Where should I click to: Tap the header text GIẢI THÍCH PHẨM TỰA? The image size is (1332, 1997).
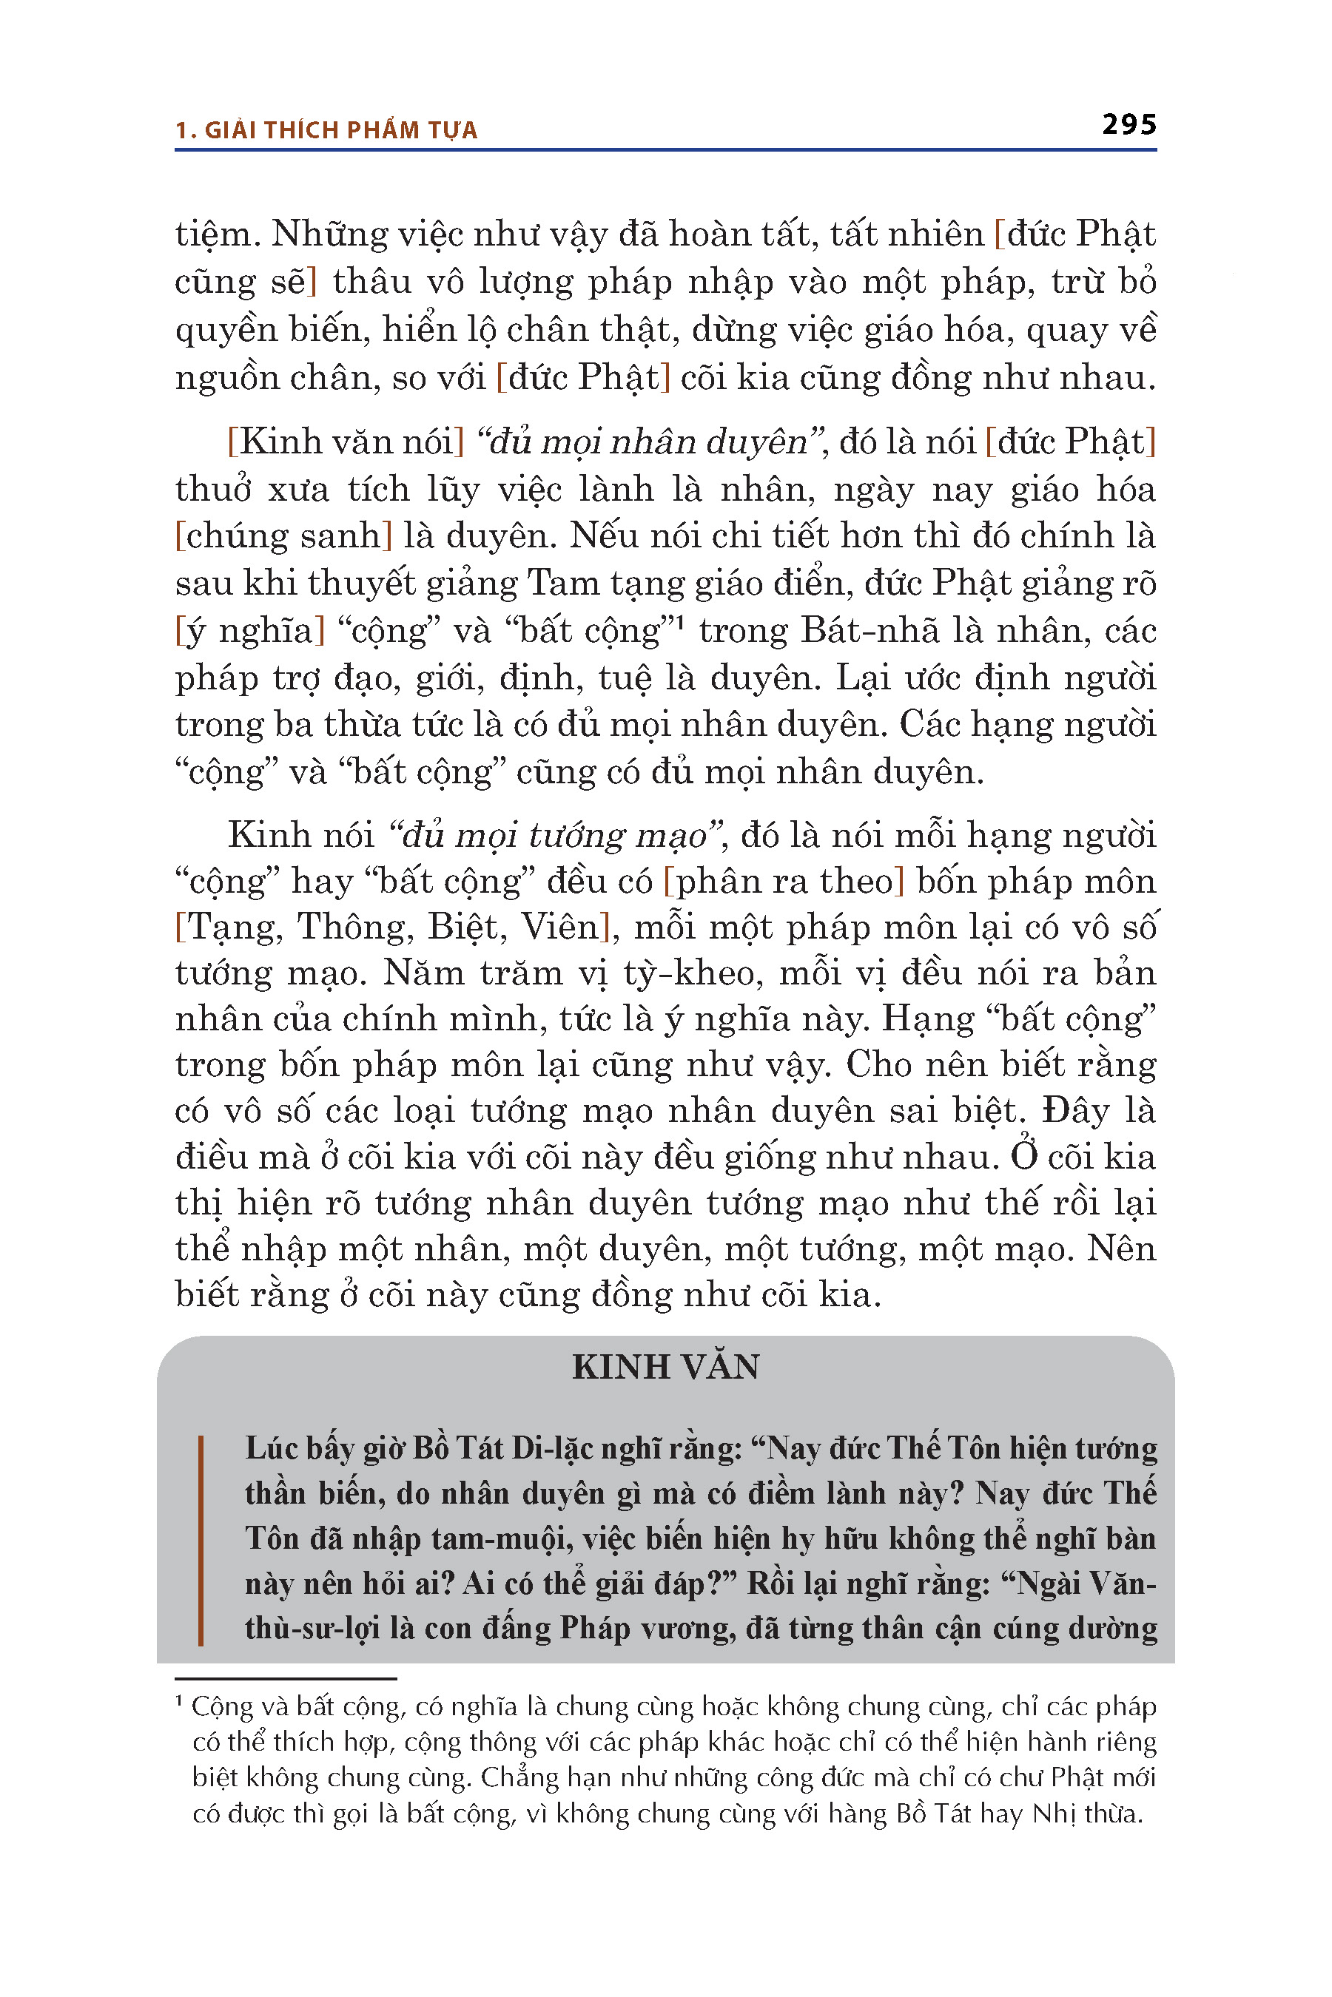tap(340, 130)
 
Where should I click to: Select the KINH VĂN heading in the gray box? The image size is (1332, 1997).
tap(665, 1367)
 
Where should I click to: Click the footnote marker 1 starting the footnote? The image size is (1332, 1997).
tap(179, 1702)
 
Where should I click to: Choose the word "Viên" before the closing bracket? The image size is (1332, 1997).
tap(559, 927)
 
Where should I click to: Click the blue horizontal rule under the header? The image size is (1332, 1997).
tap(665, 150)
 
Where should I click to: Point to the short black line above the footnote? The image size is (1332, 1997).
tap(286, 1679)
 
